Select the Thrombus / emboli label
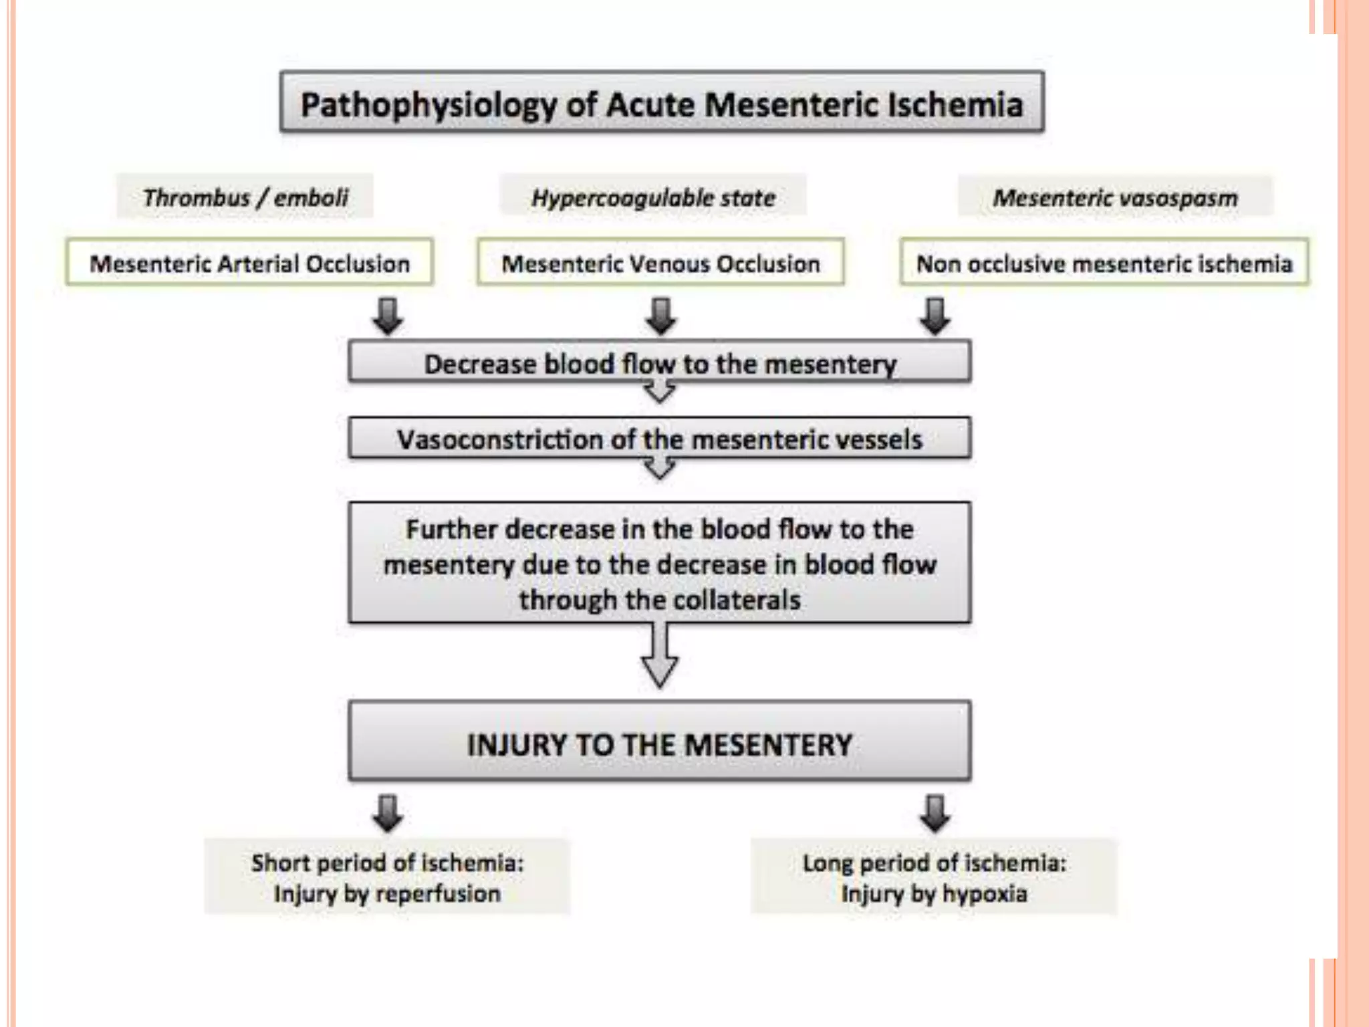(245, 197)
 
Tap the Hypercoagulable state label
(653, 197)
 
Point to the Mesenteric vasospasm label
(1115, 197)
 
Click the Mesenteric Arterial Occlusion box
(249, 263)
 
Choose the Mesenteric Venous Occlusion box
(660, 263)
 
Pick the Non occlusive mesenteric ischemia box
(1104, 263)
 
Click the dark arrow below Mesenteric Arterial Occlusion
(388, 316)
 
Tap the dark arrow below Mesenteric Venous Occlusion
(660, 316)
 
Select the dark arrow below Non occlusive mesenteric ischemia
(935, 316)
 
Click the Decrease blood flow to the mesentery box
(660, 363)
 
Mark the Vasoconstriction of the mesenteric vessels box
(660, 439)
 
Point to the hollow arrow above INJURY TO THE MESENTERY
(660, 656)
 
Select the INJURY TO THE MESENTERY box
(660, 743)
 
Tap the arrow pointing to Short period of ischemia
(388, 812)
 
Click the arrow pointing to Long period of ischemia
(935, 812)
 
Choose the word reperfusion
(441, 894)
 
